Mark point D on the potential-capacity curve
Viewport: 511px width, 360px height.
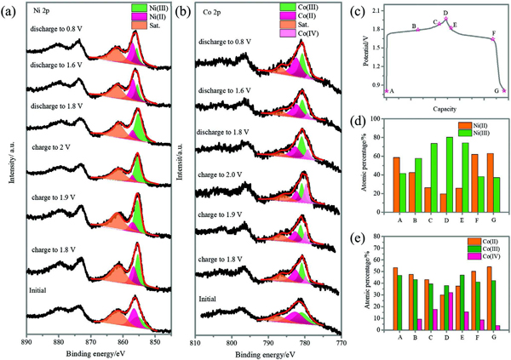click(446, 20)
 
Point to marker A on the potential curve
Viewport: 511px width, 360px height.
click(387, 91)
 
